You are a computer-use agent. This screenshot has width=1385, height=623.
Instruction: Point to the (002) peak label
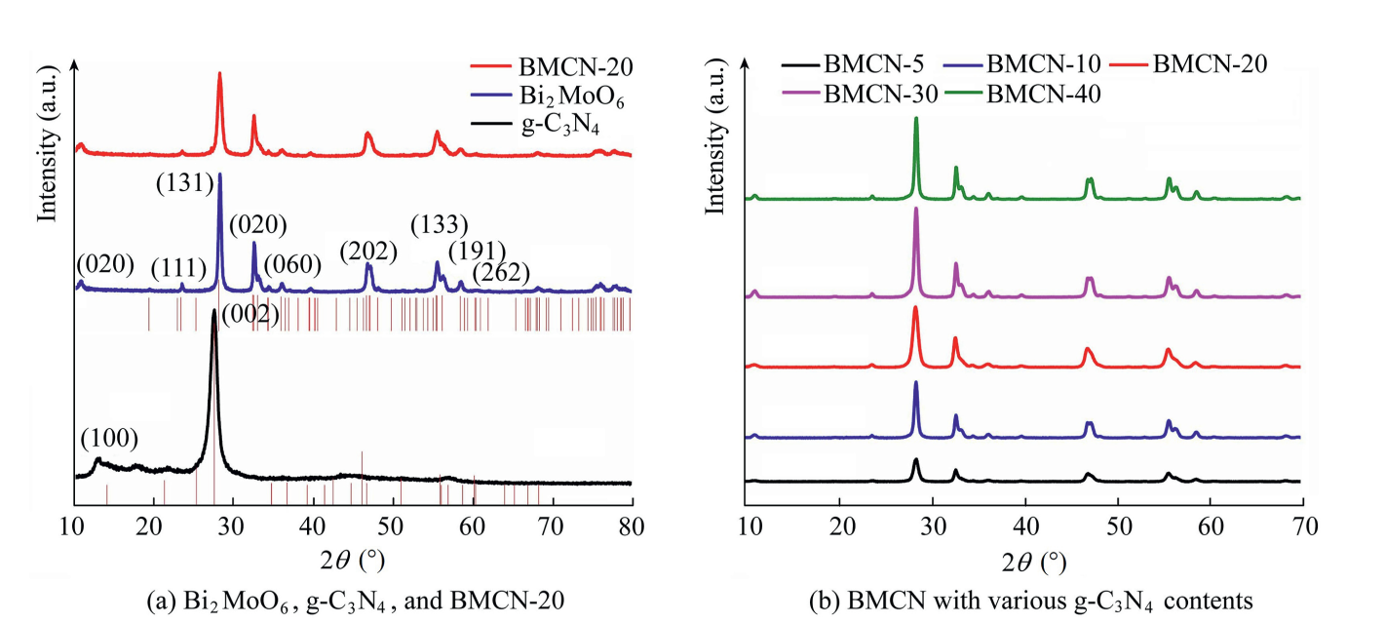[250, 314]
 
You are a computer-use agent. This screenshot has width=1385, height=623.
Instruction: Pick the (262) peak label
[500, 273]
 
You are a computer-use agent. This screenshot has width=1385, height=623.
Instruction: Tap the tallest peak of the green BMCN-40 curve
[916, 119]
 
